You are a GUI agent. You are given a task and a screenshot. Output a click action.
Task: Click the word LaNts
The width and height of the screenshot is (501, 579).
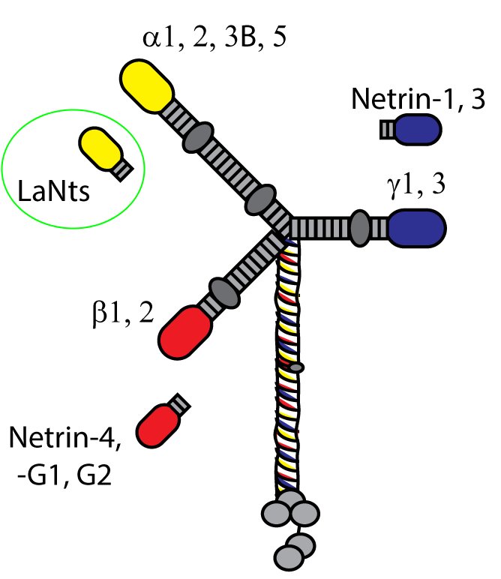pos(53,193)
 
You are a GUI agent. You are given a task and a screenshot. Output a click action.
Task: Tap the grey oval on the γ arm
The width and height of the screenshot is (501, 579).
pos(360,227)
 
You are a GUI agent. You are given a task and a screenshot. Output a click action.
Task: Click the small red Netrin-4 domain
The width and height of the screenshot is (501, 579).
pos(158,427)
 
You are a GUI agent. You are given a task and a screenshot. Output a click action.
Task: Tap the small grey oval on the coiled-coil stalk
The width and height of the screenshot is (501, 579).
pos(297,367)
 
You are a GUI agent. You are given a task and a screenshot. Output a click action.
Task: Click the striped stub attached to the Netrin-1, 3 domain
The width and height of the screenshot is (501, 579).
pos(387,129)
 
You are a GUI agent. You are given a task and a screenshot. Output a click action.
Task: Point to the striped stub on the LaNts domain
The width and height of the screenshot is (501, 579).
pos(123,169)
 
